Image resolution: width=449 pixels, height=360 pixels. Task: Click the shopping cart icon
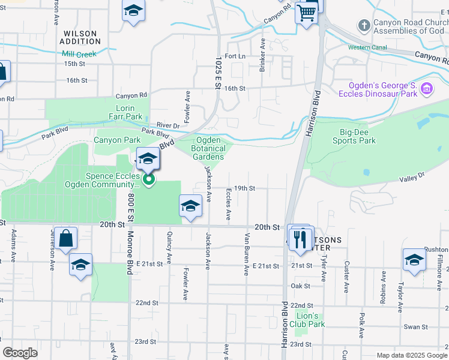pos(307,12)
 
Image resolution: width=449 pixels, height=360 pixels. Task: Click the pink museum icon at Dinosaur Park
pos(427,89)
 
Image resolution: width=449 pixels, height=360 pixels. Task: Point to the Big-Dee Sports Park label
pos(354,136)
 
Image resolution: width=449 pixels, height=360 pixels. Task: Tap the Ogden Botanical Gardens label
pos(208,148)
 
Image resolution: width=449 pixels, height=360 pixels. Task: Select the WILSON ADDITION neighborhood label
pos(81,37)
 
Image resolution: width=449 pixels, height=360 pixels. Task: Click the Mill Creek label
pos(79,53)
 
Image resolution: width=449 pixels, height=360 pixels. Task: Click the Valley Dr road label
pos(412,176)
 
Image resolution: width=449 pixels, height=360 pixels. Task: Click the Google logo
pos(20,353)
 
